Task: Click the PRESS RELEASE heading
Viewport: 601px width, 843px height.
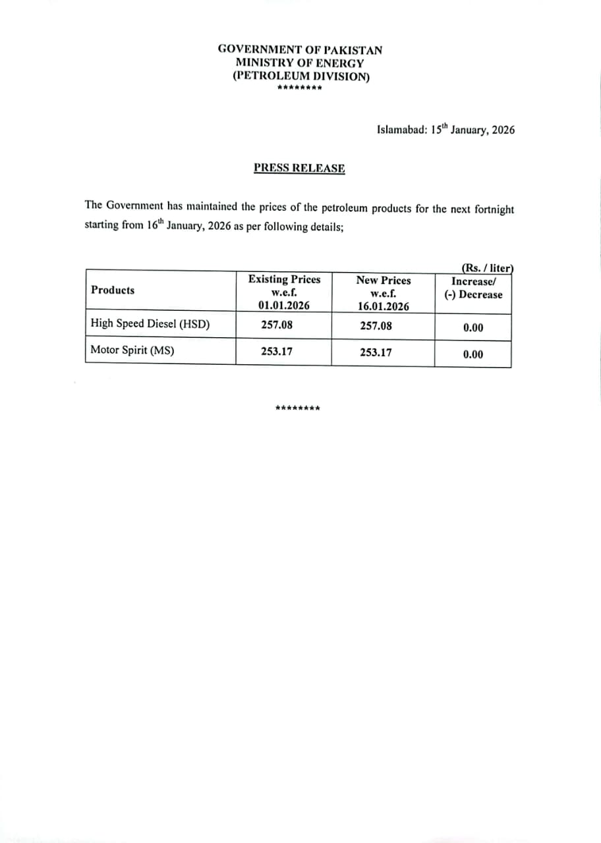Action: tap(299, 168)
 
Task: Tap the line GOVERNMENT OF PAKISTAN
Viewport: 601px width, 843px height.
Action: tap(300, 49)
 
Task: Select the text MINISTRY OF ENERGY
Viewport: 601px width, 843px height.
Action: tap(300, 63)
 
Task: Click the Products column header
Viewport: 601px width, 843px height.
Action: tap(113, 290)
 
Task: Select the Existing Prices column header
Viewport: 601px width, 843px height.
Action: tap(284, 280)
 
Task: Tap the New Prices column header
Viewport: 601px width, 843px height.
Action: tap(383, 281)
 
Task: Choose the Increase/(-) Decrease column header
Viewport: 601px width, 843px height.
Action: tap(472, 288)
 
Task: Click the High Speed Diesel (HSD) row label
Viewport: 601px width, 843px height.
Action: tap(150, 324)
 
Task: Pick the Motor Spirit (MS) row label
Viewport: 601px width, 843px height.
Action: tap(132, 350)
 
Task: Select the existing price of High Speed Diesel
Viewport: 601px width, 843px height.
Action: tap(277, 325)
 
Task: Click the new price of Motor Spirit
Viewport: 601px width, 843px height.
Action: tap(376, 352)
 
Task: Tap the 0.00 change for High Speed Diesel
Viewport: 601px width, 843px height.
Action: tap(472, 327)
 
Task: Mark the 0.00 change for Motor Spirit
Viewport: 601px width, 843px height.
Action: tap(472, 354)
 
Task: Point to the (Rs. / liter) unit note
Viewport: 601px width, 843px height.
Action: tap(486, 268)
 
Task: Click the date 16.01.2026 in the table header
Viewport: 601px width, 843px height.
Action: tap(383, 306)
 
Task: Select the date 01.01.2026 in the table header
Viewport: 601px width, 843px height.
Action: tap(284, 306)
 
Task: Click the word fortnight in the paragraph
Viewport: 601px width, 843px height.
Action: tap(490, 209)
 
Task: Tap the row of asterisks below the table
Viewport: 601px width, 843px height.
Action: tap(298, 408)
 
